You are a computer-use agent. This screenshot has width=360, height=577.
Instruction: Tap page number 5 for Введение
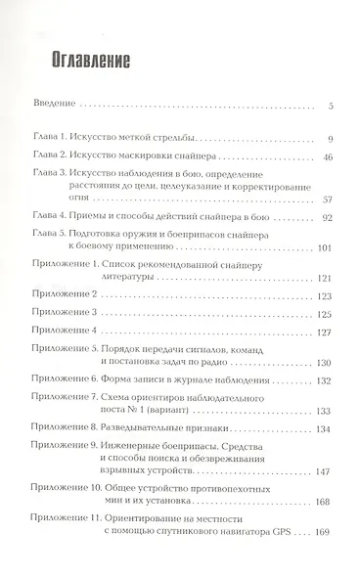tap(333, 104)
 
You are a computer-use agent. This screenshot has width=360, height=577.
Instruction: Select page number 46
tap(330, 155)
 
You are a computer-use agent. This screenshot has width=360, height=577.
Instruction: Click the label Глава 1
tap(51, 138)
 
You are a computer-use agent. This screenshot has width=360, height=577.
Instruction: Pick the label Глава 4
tap(51, 217)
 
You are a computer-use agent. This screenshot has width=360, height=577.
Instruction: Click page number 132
tap(327, 379)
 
